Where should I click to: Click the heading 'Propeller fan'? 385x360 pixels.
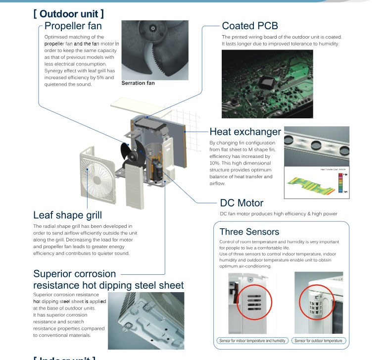point(73,26)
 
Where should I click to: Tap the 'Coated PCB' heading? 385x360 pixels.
point(250,26)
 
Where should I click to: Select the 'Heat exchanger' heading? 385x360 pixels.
point(245,132)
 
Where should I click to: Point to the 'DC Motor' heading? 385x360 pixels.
point(241,203)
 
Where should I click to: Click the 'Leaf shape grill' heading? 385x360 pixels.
point(67,215)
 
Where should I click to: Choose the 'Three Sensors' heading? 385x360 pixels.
point(249,232)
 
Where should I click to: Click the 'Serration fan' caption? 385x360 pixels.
point(138,83)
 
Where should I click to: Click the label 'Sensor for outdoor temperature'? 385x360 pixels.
point(318,341)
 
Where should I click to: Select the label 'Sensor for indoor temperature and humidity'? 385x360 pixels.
point(252,341)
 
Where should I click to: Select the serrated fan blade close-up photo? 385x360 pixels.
point(154,50)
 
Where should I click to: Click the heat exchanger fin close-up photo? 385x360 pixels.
point(317,146)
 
